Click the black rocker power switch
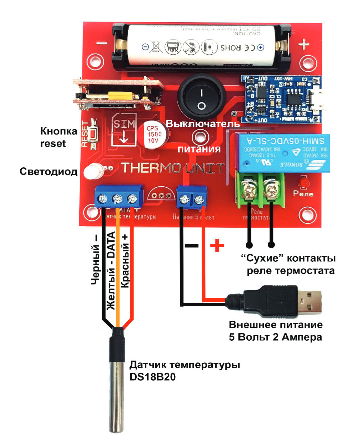point(200,99)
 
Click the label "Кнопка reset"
point(59,137)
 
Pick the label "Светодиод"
point(49,172)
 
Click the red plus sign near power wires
point(216,246)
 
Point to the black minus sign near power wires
point(191,246)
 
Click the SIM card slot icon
point(123,129)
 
